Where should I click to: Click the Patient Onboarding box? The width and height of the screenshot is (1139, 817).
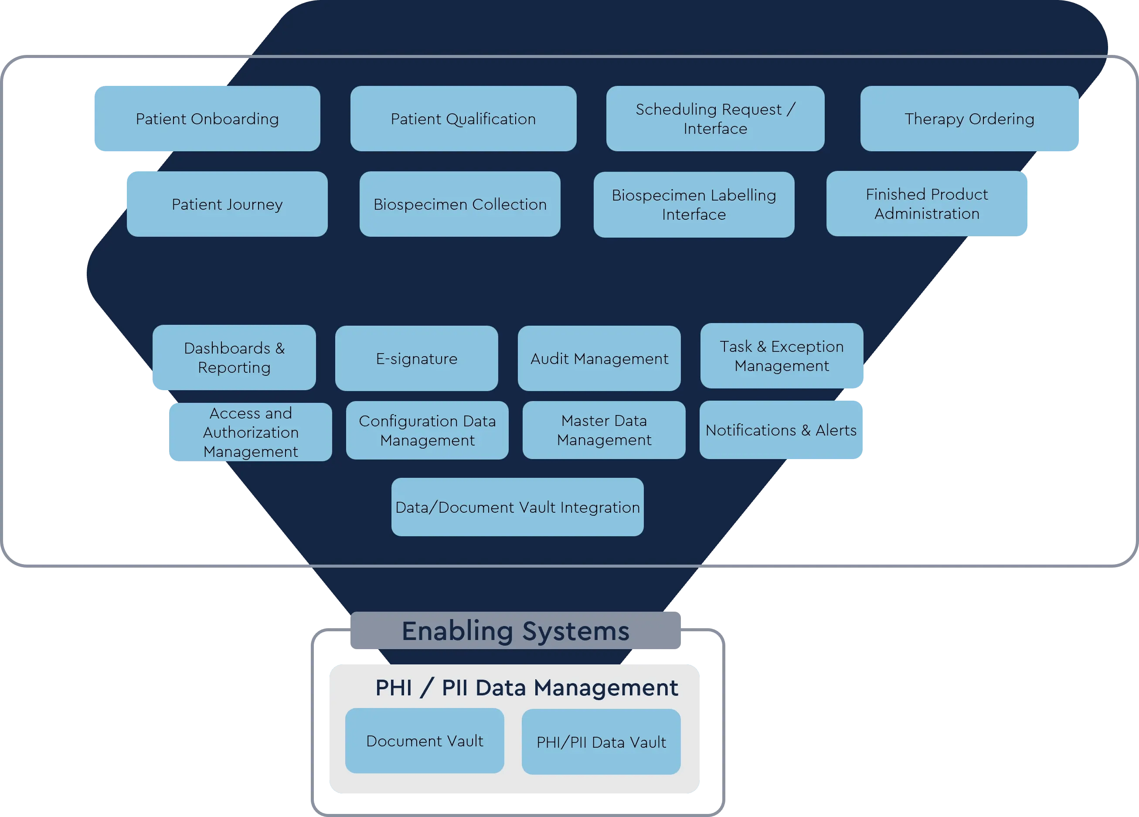point(207,119)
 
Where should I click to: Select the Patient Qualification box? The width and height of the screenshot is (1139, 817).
point(463,119)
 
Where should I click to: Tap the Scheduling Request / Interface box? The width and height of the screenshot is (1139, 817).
point(715,119)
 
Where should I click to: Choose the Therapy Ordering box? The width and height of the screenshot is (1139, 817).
point(969,119)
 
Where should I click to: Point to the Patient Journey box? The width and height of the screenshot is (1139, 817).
point(227,204)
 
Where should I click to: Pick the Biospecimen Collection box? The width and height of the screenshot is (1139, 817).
point(459,204)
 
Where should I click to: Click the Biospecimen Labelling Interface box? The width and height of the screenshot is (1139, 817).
point(694,204)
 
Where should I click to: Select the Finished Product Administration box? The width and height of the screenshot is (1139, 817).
point(927,203)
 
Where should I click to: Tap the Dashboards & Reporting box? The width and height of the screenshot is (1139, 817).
point(234,357)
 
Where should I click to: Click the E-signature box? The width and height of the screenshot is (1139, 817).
point(416,358)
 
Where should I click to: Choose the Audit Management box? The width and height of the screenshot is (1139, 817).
point(599,358)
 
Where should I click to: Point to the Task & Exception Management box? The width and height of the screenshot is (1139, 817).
point(782,355)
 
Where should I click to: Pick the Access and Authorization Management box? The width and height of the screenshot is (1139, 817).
point(250,432)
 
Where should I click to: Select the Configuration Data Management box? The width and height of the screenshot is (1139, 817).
point(427,430)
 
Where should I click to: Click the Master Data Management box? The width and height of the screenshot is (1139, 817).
point(604,430)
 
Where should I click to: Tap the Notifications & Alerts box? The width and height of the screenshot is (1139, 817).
point(781,430)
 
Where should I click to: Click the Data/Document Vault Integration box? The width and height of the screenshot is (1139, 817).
point(517,507)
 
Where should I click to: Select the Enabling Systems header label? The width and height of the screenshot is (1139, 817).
point(515,631)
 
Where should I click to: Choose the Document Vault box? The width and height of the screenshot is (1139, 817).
point(425,741)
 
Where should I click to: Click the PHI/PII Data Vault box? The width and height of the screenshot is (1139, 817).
point(601,742)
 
